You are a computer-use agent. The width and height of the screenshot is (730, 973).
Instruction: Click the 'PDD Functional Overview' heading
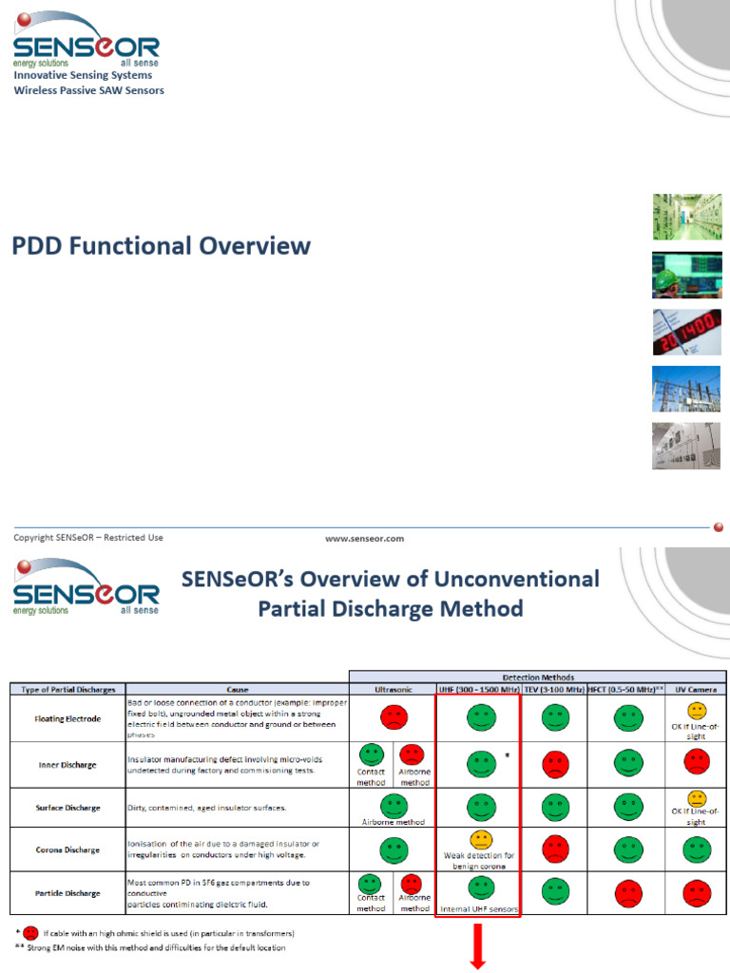(161, 246)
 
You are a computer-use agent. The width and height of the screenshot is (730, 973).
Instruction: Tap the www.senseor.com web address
(364, 539)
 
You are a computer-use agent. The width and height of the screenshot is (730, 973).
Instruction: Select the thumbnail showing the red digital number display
(686, 332)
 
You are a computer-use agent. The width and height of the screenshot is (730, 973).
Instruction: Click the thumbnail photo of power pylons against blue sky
(686, 389)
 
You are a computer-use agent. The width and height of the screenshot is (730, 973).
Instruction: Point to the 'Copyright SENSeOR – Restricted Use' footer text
(88, 538)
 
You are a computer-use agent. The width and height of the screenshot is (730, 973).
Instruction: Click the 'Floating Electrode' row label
(68, 719)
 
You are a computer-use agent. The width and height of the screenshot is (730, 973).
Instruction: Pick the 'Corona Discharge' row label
(68, 849)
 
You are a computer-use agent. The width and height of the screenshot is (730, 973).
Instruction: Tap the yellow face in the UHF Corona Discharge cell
(480, 840)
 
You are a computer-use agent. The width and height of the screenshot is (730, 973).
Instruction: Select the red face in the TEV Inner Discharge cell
(555, 761)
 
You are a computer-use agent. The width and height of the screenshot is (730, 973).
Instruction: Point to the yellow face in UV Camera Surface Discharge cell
(697, 798)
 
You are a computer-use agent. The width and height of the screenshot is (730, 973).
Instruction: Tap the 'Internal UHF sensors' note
(479, 909)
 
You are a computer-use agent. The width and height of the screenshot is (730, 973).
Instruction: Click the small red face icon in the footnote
(30, 933)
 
